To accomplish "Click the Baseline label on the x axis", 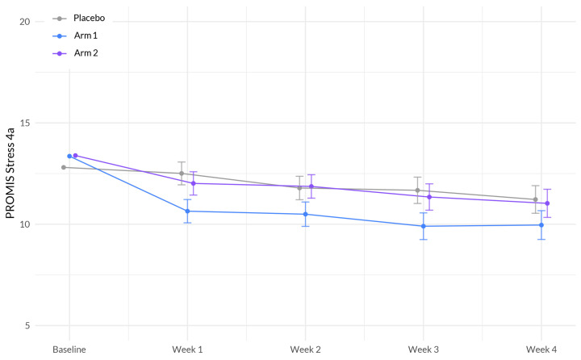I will (x=69, y=349).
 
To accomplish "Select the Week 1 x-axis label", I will (x=187, y=349).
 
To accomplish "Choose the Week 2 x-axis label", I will (x=305, y=349).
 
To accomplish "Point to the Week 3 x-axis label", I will (x=424, y=349).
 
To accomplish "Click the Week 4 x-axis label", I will (x=541, y=349).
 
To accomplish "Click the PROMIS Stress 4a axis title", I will (x=11, y=174).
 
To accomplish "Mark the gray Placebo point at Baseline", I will (x=64, y=167).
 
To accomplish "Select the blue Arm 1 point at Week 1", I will (x=187, y=211).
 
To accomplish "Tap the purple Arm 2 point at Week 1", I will (x=194, y=183).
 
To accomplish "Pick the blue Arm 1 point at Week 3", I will (x=424, y=226).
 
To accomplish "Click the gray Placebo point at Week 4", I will (x=535, y=199).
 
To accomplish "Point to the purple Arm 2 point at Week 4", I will (x=547, y=203).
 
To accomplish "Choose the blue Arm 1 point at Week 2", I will (x=305, y=214).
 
